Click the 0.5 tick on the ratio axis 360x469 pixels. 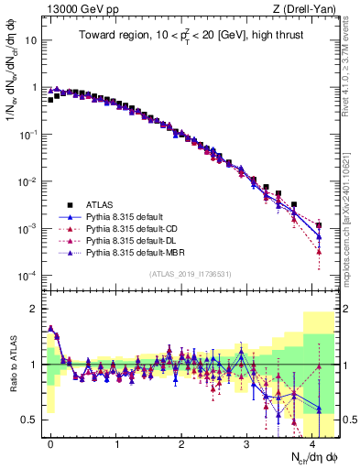tap(28, 420)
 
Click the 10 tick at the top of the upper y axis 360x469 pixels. tap(28, 40)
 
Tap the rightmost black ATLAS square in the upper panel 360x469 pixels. tap(319, 225)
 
